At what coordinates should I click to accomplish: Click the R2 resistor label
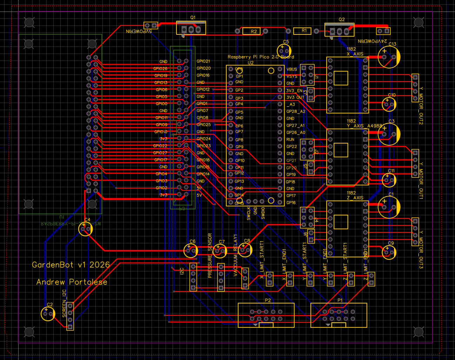pyautogui.click(x=253, y=32)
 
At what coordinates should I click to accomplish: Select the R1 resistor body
pyautogui.click(x=302, y=31)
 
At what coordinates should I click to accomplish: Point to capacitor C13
pyautogui.click(x=389, y=57)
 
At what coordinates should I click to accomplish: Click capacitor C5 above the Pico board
pyautogui.click(x=284, y=51)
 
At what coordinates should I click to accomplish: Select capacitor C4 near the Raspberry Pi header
pyautogui.click(x=86, y=229)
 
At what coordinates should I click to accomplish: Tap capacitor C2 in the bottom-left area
pyautogui.click(x=48, y=314)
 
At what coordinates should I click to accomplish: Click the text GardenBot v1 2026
pyautogui.click(x=71, y=265)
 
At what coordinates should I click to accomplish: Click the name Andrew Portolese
pyautogui.click(x=72, y=282)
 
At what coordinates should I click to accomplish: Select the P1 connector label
pyautogui.click(x=340, y=300)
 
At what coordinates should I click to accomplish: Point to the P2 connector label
pyautogui.click(x=268, y=300)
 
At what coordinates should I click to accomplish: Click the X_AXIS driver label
pyautogui.click(x=355, y=54)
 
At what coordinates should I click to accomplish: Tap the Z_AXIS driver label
pyautogui.click(x=355, y=198)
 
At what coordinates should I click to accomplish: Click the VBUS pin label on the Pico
pyautogui.click(x=292, y=69)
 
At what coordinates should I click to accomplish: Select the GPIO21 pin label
pyautogui.click(x=203, y=61)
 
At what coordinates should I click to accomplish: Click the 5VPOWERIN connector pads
pyautogui.click(x=151, y=25)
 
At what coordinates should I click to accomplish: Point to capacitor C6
pyautogui.click(x=190, y=250)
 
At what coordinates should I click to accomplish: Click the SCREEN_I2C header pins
pyautogui.click(x=70, y=316)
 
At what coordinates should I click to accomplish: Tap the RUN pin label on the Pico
pyautogui.click(x=290, y=139)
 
